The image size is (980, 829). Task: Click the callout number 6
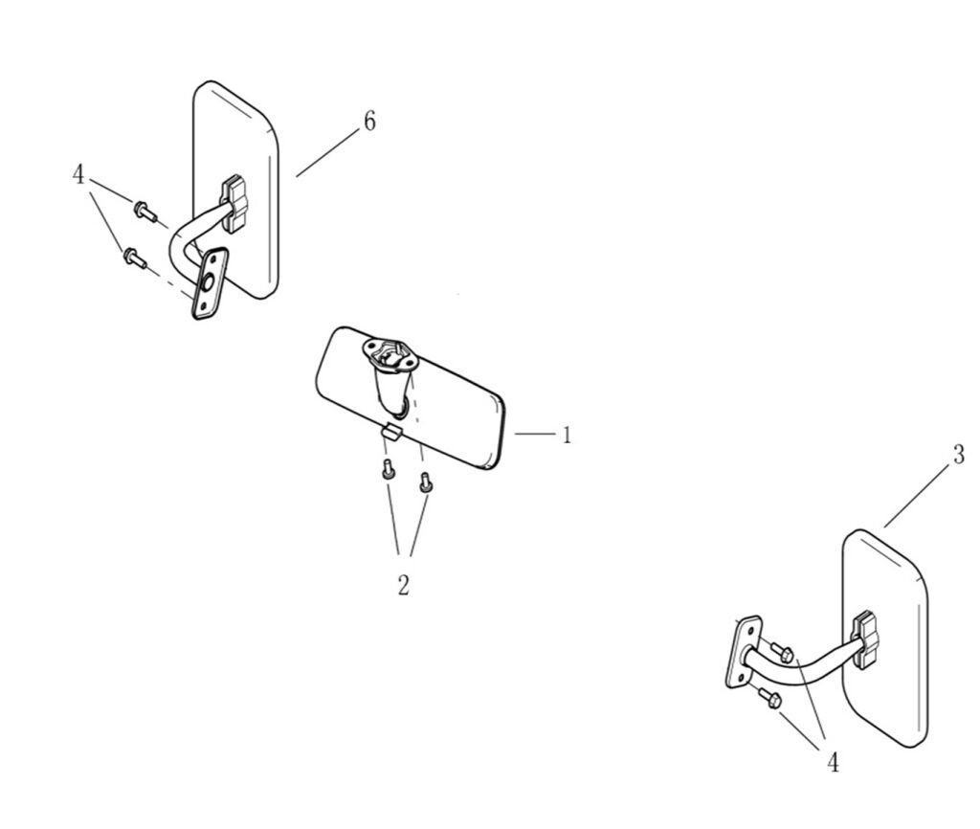[x=370, y=122]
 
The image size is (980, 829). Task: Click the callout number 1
[x=567, y=435]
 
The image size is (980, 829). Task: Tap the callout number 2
[x=404, y=585]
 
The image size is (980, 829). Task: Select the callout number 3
[x=959, y=455]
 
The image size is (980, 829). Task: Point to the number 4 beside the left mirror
[x=78, y=174]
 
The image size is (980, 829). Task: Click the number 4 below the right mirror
[x=834, y=762]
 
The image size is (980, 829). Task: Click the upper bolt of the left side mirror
[x=145, y=210]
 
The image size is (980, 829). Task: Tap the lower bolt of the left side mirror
[x=135, y=257]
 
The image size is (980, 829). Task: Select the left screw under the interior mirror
[x=389, y=469]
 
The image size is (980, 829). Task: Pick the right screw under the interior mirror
[x=426, y=482]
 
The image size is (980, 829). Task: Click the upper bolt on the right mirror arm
[x=783, y=652]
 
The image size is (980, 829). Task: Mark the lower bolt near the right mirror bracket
[x=770, y=698]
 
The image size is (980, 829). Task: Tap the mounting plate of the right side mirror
[x=743, y=652]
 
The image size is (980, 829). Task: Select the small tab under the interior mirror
[x=391, y=432]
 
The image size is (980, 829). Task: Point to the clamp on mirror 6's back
[x=235, y=204]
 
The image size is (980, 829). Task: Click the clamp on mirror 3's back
[x=865, y=640]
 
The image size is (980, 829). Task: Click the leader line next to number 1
[x=535, y=434]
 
